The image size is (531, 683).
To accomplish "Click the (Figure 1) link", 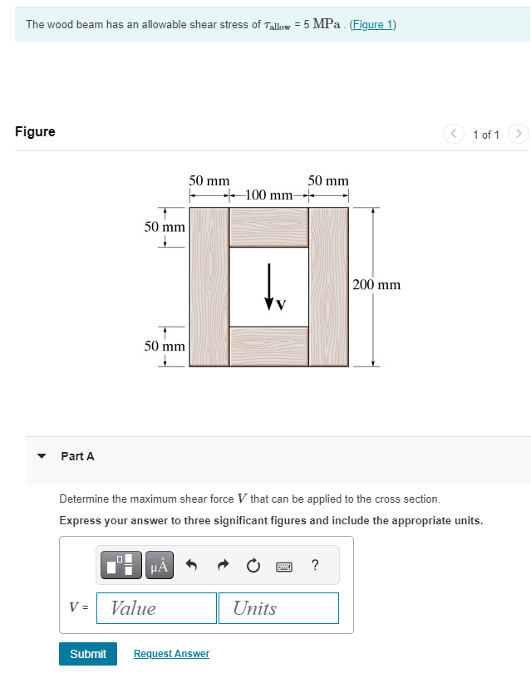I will pos(372,24).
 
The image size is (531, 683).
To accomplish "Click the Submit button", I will pos(88,654).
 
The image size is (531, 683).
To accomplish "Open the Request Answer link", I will pos(171,654).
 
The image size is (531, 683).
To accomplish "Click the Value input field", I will pos(156,608).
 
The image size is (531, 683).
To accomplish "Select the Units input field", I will pos(279,608).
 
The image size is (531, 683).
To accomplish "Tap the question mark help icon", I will pos(315,567).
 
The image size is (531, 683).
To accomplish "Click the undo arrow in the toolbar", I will pos(191,567).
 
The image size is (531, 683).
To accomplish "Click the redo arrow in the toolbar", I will pos(223,567).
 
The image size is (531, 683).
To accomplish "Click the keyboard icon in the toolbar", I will pos(284,567).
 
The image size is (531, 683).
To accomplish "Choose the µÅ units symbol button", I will pos(160,567).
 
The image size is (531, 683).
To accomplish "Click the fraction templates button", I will pos(123,567).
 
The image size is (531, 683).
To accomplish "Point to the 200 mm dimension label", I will pos(376,285).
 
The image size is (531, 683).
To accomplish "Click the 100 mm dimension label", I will pos(268,195).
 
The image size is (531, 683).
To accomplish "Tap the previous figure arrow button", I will pos(454,134).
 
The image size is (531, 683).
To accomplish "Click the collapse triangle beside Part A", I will pos(41,456).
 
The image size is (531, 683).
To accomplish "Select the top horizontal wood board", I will pos(268,226).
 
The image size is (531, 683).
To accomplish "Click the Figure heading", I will pos(35,131).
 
